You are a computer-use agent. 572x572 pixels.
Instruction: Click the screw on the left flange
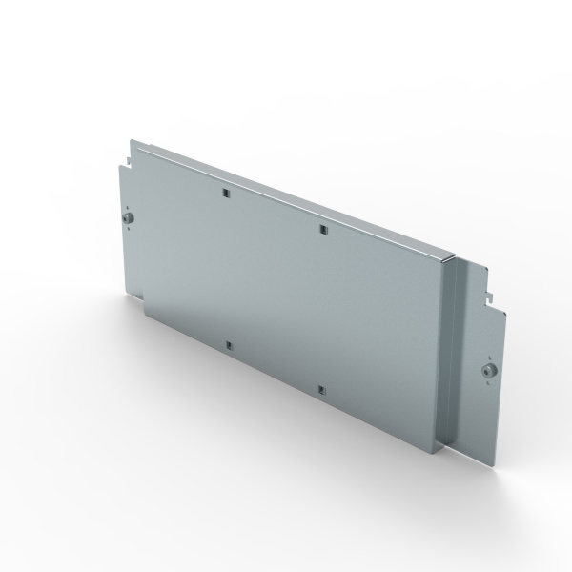tap(129, 220)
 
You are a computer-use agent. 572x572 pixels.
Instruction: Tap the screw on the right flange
tap(489, 370)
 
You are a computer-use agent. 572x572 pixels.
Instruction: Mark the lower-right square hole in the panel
tap(322, 388)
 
